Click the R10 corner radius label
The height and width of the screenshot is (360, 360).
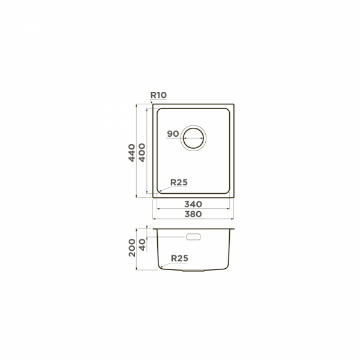158,95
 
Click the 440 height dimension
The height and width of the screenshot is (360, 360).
131,153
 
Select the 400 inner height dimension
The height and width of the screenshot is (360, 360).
142,152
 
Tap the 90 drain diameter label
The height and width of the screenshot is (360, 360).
173,134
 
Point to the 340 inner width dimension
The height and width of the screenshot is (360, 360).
193,204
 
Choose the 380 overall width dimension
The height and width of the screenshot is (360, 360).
193,214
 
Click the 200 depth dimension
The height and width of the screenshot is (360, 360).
132,248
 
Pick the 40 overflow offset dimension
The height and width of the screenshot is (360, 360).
142,245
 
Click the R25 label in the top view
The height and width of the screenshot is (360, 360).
179,182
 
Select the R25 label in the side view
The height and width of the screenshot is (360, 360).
179,258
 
